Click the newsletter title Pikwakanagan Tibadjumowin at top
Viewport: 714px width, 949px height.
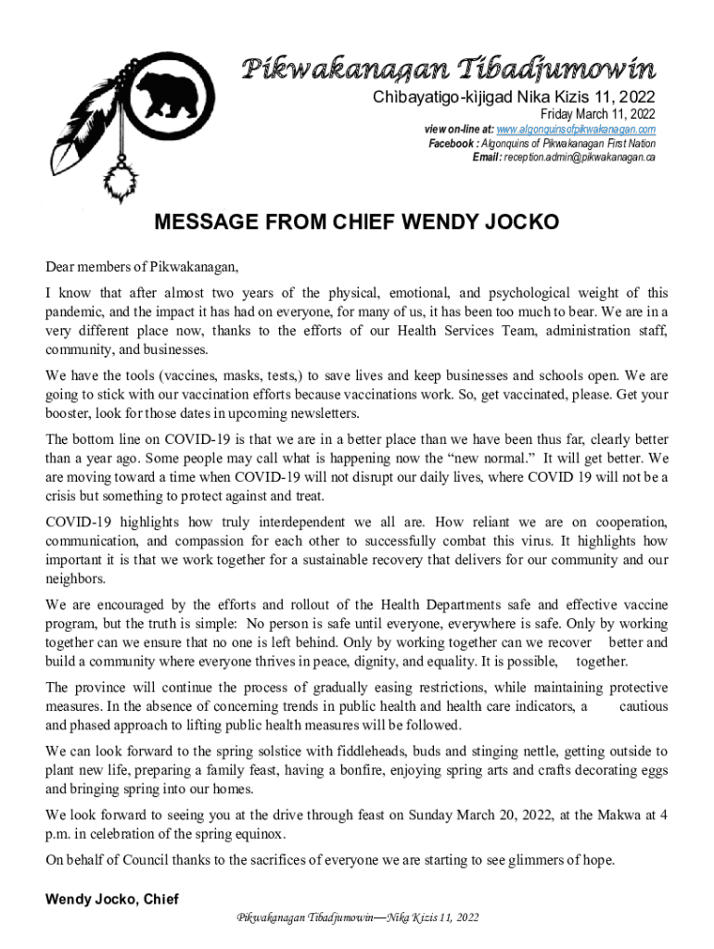coord(449,68)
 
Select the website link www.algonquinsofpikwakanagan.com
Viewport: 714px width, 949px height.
coord(576,129)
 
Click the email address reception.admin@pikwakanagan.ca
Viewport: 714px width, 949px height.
coord(579,157)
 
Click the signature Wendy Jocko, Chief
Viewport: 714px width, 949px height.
coord(112,899)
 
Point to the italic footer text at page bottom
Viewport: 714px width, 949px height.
coord(358,917)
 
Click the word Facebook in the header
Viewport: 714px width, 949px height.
coord(453,143)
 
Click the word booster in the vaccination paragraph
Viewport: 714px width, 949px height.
coord(70,413)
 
